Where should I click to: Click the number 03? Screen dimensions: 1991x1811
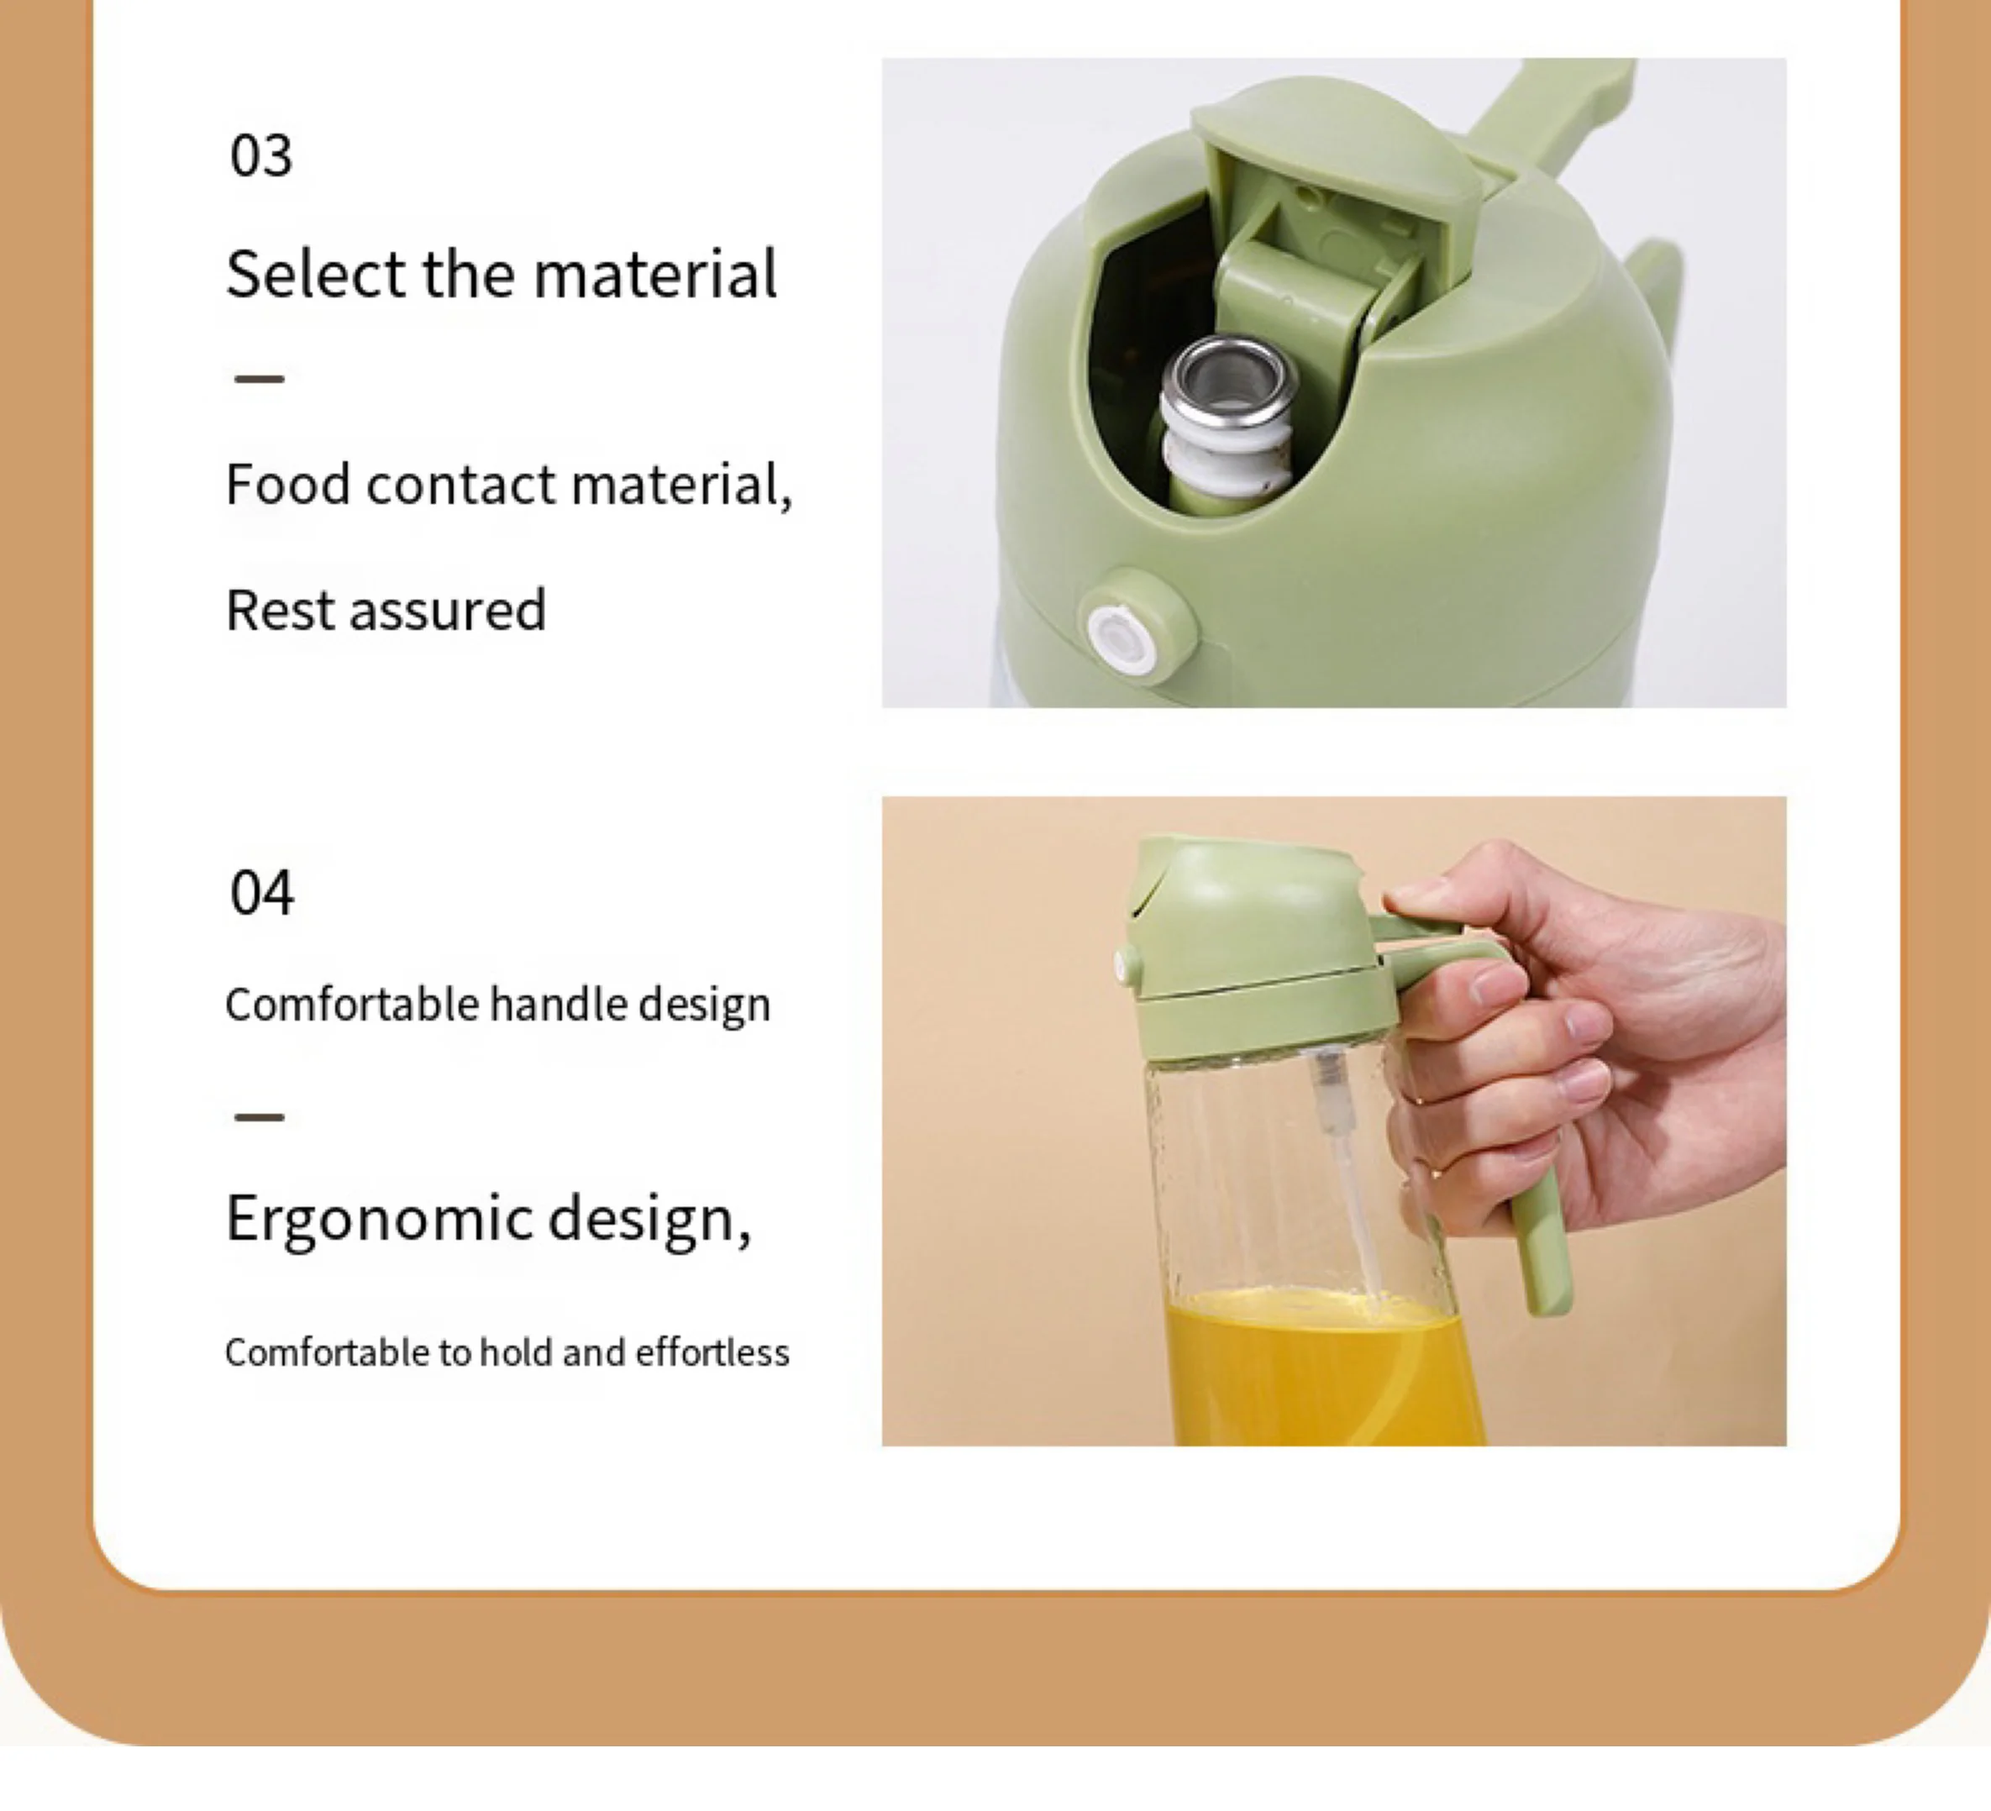click(260, 156)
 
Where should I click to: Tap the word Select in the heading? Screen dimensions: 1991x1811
click(316, 274)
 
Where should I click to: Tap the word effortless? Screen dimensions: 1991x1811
click(712, 1352)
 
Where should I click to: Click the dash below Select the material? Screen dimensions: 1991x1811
click(260, 378)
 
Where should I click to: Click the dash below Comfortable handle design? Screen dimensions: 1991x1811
click(260, 1117)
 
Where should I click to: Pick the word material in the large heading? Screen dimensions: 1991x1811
click(654, 274)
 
